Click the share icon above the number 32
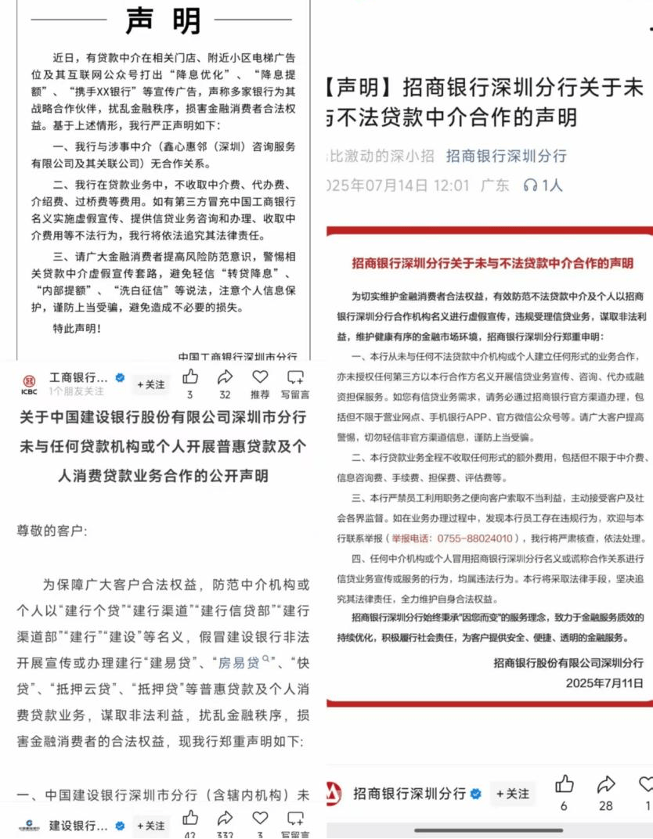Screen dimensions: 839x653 click(225, 377)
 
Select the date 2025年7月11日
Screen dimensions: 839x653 click(604, 682)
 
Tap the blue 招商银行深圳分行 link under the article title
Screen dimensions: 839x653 click(506, 156)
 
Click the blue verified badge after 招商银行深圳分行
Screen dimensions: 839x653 click(475, 794)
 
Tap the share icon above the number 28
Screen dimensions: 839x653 click(606, 785)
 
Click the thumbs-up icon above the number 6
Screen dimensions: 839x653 click(565, 785)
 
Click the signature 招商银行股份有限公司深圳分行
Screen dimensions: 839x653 click(568, 663)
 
